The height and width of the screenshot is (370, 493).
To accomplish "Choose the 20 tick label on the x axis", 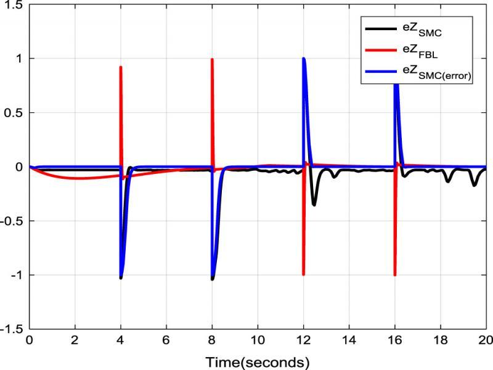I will pos(486,340).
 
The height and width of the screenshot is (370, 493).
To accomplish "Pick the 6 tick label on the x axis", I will pos(166,340).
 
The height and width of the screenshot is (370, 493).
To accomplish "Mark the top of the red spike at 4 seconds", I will pos(121,67).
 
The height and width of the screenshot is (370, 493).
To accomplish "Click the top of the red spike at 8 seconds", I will pos(212,59).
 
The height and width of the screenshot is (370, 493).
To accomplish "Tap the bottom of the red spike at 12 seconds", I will pos(304,274).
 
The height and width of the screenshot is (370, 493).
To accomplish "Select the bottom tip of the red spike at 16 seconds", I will pos(394,275).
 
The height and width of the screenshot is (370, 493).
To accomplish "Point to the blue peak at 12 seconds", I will pos(304,59).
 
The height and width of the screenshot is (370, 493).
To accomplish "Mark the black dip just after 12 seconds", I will pos(314,204).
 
